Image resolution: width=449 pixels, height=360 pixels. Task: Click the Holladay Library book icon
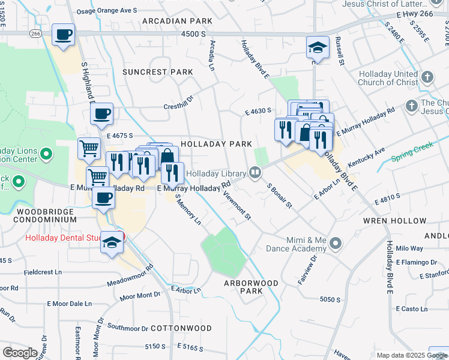point(255,173)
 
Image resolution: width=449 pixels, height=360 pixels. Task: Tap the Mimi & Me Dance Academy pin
point(335,244)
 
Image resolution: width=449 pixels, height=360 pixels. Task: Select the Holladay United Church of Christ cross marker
point(427,77)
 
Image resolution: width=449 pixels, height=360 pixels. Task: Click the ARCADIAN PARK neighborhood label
point(177,21)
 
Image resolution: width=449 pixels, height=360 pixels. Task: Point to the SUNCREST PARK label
point(158,72)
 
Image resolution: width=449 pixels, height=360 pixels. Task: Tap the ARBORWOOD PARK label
point(252,287)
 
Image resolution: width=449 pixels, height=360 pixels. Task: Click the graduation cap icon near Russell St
point(318,47)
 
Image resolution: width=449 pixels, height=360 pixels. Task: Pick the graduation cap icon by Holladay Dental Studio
point(112,242)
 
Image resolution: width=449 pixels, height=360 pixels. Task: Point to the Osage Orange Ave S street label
point(110,11)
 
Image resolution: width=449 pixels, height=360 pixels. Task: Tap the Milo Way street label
point(409,248)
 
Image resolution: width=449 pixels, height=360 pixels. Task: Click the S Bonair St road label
point(279,196)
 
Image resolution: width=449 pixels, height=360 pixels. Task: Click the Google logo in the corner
point(20,353)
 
